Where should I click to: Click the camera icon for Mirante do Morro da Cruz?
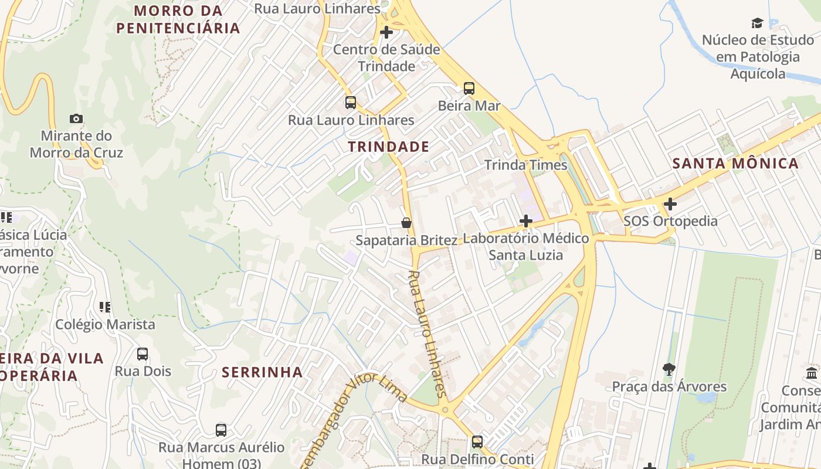[76, 119]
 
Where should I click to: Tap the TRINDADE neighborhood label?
[388, 147]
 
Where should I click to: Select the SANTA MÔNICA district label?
[735, 163]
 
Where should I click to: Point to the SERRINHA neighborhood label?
[262, 372]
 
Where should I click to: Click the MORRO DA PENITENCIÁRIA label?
[178, 19]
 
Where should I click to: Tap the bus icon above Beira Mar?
[469, 89]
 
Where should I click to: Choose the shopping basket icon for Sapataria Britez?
[406, 223]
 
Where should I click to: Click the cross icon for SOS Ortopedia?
[670, 204]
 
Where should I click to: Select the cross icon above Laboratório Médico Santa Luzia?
[526, 221]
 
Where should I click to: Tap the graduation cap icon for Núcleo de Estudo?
[758, 23]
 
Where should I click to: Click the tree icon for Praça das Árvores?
[669, 369]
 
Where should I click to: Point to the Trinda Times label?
[526, 165]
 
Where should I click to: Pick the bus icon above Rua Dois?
[143, 354]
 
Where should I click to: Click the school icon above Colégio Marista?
[105, 307]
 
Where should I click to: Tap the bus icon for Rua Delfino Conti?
[477, 441]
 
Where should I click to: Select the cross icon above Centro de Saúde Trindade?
[386, 32]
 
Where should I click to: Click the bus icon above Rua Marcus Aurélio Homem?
[221, 430]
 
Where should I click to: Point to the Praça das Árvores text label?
[669, 387]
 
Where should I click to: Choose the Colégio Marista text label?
[105, 324]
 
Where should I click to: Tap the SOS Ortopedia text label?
[670, 221]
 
